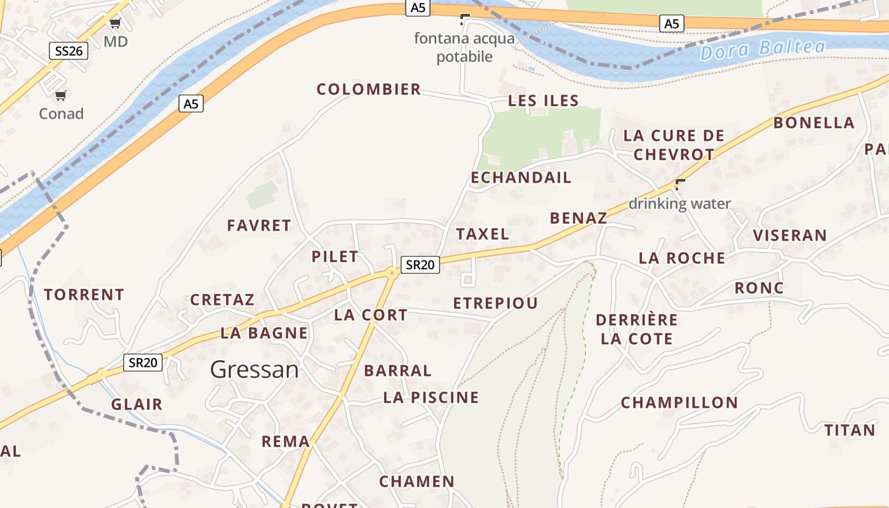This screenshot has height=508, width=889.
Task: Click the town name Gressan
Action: point(254,369)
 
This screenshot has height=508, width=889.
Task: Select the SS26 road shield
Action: point(68,51)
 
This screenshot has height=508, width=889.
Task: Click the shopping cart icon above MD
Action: point(115,24)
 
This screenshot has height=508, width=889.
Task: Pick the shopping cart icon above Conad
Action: point(61,96)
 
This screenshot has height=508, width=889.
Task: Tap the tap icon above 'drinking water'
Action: point(680,185)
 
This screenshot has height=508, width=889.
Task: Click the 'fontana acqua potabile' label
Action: point(464,48)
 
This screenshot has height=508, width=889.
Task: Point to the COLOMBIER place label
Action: point(369,90)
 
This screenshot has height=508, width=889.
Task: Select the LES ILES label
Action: point(544,100)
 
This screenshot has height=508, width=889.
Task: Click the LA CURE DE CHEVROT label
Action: point(674,145)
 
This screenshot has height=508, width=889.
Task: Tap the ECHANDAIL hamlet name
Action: point(521,178)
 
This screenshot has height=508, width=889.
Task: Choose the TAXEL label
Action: point(483,234)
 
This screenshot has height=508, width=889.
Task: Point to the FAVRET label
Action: point(259,225)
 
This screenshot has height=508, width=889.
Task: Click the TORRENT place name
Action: point(84,295)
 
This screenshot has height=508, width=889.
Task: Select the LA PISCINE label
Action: point(431,398)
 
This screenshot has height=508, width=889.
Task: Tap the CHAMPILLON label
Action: point(679,403)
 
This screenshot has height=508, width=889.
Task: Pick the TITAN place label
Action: point(850,431)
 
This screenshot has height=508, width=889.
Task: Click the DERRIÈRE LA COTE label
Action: point(638,329)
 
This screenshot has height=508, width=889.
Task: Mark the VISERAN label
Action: point(790,236)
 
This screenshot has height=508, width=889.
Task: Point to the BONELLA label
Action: point(813,123)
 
